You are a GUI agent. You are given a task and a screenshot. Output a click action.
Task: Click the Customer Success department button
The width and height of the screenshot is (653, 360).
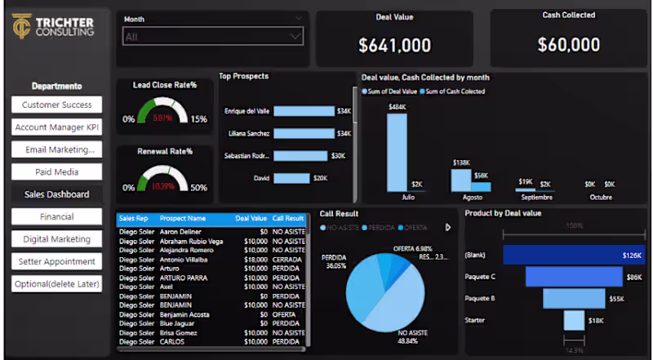pos(56,104)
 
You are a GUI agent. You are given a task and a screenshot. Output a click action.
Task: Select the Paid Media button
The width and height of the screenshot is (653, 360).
pos(56,171)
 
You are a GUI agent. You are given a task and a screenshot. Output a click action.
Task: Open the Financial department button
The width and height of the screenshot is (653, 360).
pos(56,216)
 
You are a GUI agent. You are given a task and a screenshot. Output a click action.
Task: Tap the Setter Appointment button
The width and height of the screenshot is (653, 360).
pos(56,261)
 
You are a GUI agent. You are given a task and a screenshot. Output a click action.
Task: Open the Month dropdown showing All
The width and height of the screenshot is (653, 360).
pos(213,36)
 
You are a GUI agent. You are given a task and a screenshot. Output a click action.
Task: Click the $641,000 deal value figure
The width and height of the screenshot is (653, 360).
pos(394,46)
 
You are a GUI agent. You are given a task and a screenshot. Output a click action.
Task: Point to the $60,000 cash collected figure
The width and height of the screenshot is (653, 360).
pos(569,45)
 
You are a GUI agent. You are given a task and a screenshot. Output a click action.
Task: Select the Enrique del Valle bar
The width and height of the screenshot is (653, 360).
pos(304,111)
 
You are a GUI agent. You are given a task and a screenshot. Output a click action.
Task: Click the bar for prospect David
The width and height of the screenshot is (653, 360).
pos(291,178)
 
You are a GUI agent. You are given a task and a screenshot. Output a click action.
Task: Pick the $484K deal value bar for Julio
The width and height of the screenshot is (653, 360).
pos(397,152)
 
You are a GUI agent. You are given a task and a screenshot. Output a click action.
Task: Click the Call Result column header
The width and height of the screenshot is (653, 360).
pos(288,219)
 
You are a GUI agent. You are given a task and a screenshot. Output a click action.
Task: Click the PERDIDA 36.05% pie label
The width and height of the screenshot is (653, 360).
pos(335,261)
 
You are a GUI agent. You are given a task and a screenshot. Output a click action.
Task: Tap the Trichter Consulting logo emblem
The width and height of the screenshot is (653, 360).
pos(22,26)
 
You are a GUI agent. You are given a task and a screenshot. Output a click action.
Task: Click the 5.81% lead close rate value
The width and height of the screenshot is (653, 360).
pos(163,118)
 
